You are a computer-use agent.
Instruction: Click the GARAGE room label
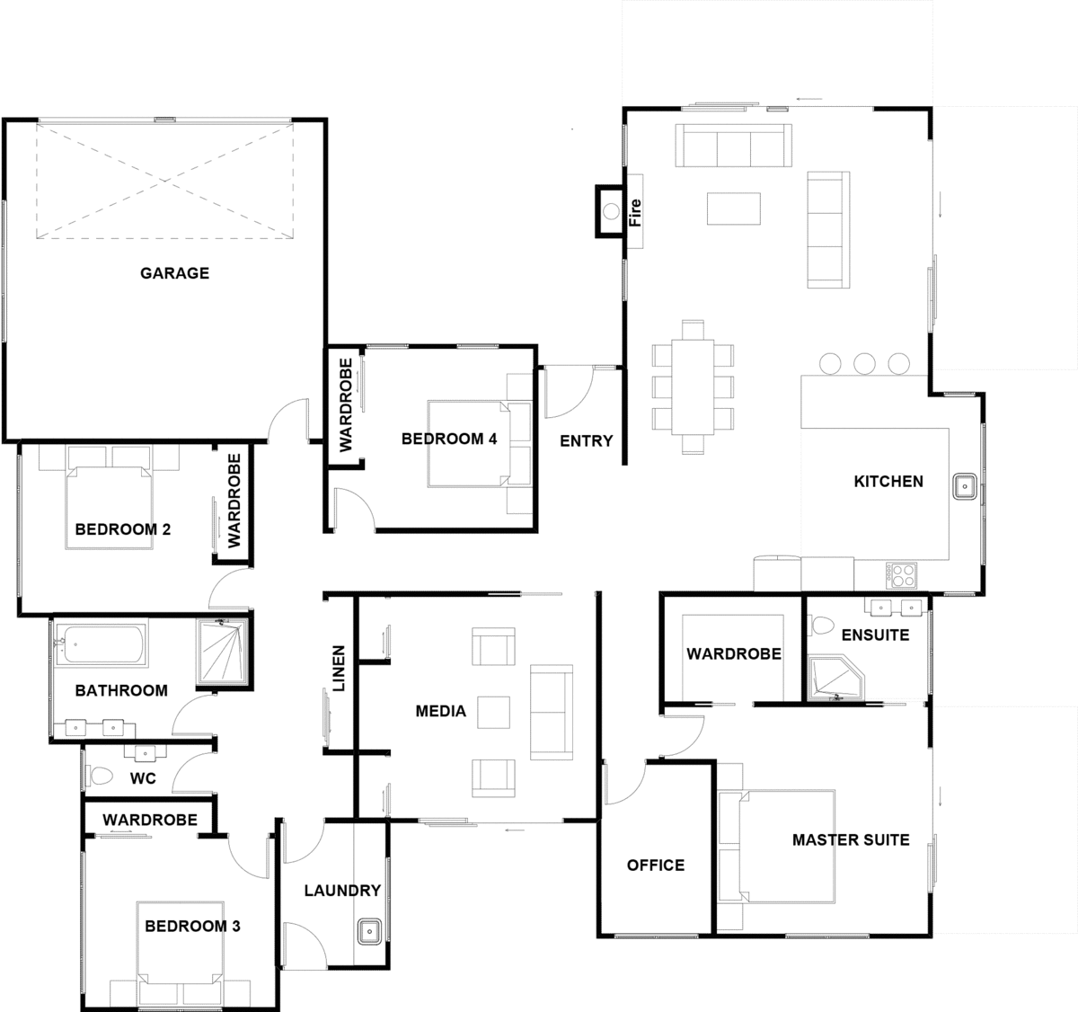coord(174,272)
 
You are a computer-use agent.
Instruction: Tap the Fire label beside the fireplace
coord(635,212)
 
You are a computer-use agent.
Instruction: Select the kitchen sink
coord(965,486)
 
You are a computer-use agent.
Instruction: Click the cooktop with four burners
coord(903,576)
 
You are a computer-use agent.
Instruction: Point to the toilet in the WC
coord(101,776)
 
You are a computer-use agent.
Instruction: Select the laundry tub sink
coord(369,932)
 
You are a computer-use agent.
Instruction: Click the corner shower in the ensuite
coord(835,678)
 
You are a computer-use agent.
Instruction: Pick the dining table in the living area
coord(693,386)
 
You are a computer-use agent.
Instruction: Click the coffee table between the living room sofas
coord(733,208)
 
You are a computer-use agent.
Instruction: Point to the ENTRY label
coord(587,440)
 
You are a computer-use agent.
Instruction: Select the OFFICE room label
coord(656,865)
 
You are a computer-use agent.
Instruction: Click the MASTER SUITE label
coord(851,839)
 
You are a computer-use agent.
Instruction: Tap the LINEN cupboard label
coord(338,668)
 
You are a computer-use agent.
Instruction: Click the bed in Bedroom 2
coord(109,508)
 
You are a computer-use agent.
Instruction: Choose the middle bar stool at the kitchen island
coord(864,363)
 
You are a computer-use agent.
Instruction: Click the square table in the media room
coord(493,712)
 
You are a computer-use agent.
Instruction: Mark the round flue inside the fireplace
coord(611,211)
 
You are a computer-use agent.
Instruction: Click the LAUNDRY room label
coord(342,891)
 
